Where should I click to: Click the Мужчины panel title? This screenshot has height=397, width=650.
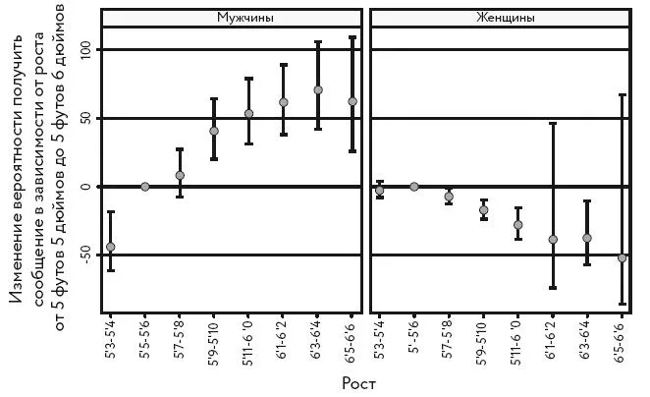pos(245,18)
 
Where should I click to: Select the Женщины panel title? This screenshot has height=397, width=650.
pos(506,18)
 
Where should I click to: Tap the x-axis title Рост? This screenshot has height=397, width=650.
pos(359,383)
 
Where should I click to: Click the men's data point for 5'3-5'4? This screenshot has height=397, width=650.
pos(111,247)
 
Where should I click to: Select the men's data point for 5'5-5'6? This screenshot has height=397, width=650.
pos(145,187)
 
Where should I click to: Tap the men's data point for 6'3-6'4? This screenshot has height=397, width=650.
pos(318,90)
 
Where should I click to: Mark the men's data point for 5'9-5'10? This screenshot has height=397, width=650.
pos(214,131)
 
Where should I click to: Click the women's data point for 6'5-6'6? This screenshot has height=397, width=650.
pos(622,258)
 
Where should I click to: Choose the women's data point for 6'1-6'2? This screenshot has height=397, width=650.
pos(553,240)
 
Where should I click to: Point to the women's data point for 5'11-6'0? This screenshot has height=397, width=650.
pos(518,225)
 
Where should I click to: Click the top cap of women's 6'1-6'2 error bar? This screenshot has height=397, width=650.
pos(553,123)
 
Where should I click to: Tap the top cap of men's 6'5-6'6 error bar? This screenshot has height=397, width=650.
pos(352,37)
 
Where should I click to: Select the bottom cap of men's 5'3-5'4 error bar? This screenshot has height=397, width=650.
pos(111,270)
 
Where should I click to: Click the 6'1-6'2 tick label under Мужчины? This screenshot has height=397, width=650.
pos(282,337)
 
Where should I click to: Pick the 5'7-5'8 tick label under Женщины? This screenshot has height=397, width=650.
pos(448,337)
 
